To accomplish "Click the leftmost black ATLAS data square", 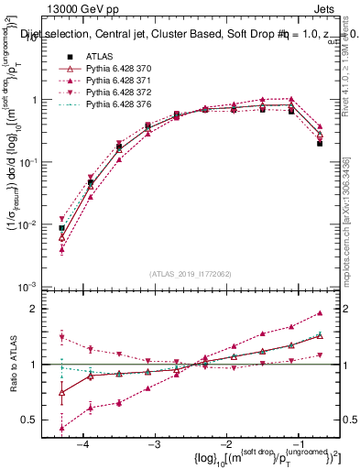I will (x=61, y=228).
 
